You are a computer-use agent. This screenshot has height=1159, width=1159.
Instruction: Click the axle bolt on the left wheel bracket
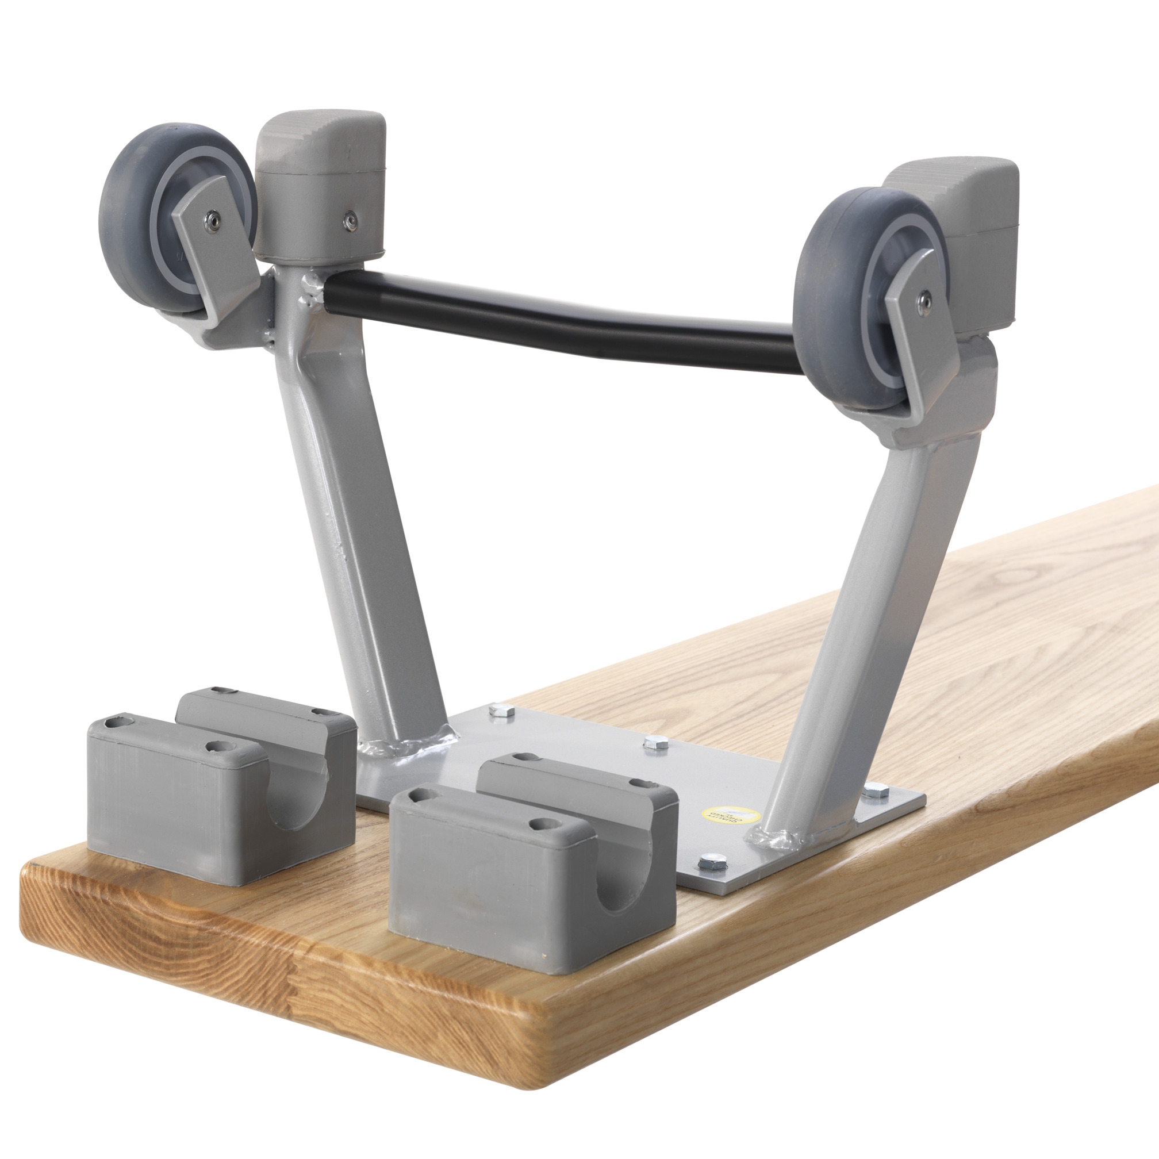click(211, 221)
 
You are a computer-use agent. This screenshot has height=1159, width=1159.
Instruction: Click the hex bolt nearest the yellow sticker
click(712, 864)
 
